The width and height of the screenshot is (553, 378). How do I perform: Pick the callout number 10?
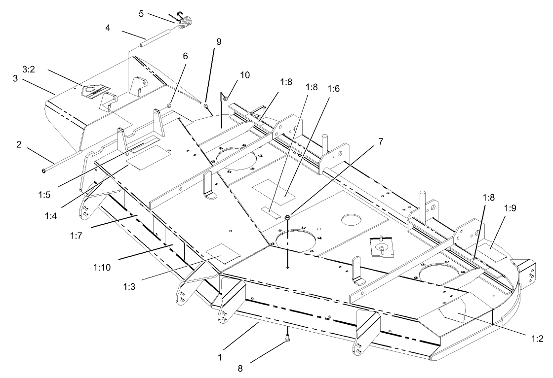pyautogui.click(x=245, y=75)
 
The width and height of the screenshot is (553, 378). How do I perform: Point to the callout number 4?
pyautogui.click(x=108, y=29)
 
